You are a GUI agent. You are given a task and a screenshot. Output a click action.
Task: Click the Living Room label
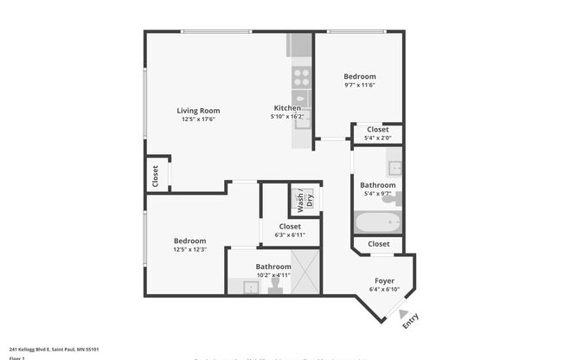(x=198, y=111)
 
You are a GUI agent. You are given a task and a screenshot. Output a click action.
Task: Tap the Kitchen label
(x=287, y=108)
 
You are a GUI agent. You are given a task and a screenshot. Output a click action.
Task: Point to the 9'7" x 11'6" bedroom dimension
(x=360, y=85)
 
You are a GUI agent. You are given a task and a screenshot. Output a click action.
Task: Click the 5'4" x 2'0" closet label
(x=377, y=138)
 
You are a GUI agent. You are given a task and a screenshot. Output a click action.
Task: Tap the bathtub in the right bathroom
(x=378, y=222)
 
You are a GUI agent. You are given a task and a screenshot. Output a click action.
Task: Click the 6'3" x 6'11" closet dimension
(x=290, y=235)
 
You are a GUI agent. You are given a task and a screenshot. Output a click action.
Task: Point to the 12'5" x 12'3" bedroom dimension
(x=189, y=249)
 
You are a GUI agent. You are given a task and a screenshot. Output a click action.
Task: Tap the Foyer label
(x=384, y=281)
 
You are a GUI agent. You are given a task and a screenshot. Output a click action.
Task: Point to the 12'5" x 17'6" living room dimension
(x=198, y=119)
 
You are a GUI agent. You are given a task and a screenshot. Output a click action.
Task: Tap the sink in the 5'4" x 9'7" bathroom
(x=393, y=167)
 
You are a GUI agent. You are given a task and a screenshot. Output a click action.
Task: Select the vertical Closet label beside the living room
(x=156, y=177)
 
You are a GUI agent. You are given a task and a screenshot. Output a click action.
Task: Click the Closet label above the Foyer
(x=378, y=244)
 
